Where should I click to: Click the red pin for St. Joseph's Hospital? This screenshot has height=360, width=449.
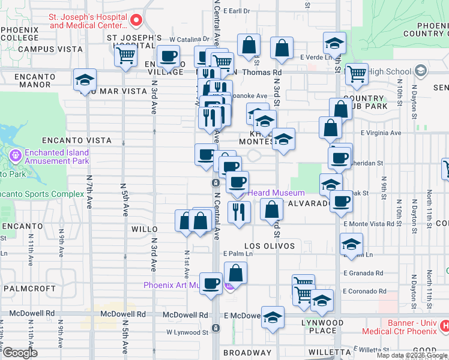click(x=136, y=21)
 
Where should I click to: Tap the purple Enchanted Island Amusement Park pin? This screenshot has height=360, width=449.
click(x=15, y=157)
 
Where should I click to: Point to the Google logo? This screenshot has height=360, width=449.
click(x=19, y=352)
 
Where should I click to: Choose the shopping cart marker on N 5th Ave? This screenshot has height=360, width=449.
click(x=126, y=56)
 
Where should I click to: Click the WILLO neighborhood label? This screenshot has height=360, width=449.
click(x=145, y=229)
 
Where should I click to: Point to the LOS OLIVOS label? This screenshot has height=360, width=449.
click(x=269, y=247)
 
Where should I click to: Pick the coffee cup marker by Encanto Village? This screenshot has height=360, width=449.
click(x=169, y=56)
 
